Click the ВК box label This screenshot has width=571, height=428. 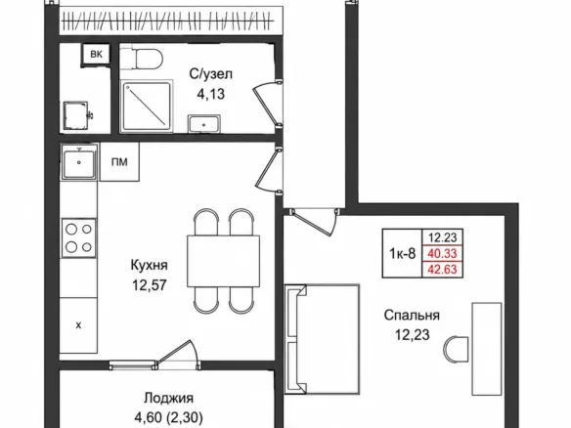(x=96, y=55)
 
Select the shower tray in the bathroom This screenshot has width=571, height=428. (x=147, y=106)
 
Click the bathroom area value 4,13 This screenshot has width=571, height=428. (x=210, y=94)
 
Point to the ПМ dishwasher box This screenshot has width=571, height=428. (x=119, y=161)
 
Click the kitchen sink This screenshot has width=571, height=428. (x=79, y=161)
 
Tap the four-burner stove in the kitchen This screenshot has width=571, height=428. (x=79, y=238)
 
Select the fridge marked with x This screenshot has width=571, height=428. (x=78, y=325)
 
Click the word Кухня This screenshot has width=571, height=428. (x=150, y=265)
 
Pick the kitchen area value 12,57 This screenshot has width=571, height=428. (x=150, y=285)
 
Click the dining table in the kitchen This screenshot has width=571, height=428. (x=223, y=261)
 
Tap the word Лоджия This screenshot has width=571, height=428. (x=168, y=398)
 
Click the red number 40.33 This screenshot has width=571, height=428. (x=442, y=253)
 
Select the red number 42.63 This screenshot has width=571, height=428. (x=442, y=270)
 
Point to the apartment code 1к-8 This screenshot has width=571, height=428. (x=403, y=253)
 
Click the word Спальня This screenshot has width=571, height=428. (x=412, y=315)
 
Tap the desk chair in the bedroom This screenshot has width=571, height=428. (x=456, y=350)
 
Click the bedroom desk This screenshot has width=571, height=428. (x=487, y=349)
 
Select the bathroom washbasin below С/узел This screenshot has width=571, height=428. (x=204, y=124)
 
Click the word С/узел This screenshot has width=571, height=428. (x=210, y=74)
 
